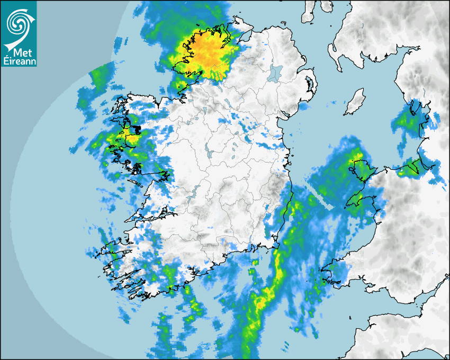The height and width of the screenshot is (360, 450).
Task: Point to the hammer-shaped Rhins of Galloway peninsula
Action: coord(334,51)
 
